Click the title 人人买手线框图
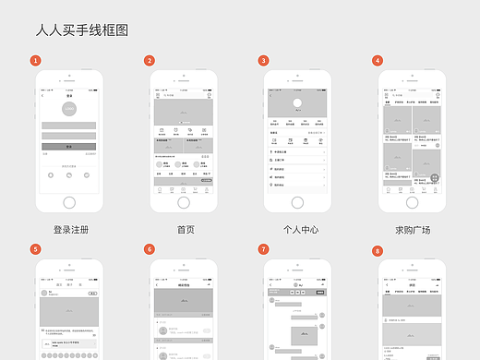click(x=81, y=30)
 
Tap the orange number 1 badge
click(x=35, y=61)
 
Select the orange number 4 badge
click(x=378, y=61)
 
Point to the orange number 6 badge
click(x=149, y=249)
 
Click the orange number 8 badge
click(x=378, y=251)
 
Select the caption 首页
click(x=186, y=229)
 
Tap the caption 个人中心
click(x=300, y=229)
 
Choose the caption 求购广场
click(x=414, y=229)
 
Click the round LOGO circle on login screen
click(x=69, y=109)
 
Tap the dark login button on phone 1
click(x=69, y=146)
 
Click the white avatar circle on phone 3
click(x=297, y=103)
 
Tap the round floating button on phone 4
click(x=435, y=181)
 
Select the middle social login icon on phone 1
click(x=69, y=174)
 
